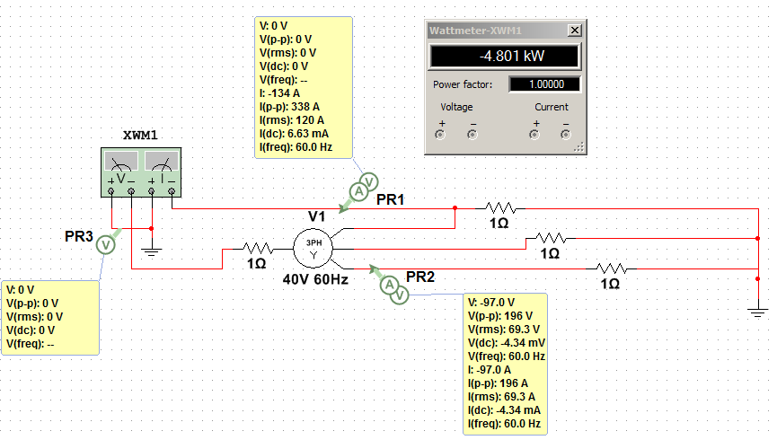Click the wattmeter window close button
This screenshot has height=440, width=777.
(x=574, y=30)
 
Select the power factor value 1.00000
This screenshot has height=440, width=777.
(x=544, y=84)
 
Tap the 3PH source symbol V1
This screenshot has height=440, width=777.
(x=314, y=246)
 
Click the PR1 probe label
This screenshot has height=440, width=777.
(x=391, y=199)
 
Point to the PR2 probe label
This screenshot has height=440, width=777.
(x=421, y=276)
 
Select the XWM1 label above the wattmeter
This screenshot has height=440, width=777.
(x=140, y=136)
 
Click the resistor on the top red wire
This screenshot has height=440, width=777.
(x=499, y=207)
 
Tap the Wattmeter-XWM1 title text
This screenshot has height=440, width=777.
(x=474, y=30)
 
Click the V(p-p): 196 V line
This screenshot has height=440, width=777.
(x=499, y=316)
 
